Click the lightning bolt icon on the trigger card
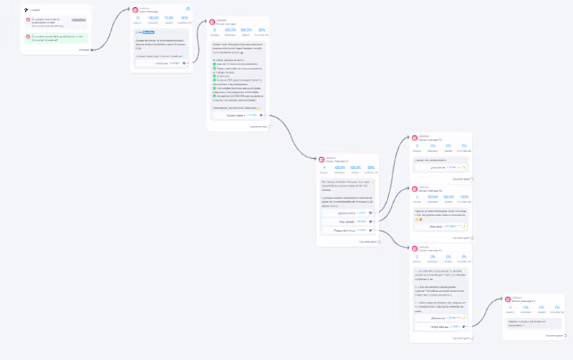(x=26, y=10)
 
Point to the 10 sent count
(x=138, y=18)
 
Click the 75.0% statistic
(x=169, y=18)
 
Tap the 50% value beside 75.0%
(x=185, y=18)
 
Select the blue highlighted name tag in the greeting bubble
(x=148, y=32)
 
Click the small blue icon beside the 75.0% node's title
(x=188, y=9)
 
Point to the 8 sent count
(x=216, y=30)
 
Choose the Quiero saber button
(x=236, y=115)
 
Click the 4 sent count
(x=324, y=167)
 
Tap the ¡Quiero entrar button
(x=347, y=213)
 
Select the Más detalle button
(x=347, y=222)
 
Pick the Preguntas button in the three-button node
(x=347, y=230)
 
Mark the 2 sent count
(x=417, y=196)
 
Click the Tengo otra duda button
(x=438, y=327)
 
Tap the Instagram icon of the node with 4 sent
(x=322, y=159)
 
